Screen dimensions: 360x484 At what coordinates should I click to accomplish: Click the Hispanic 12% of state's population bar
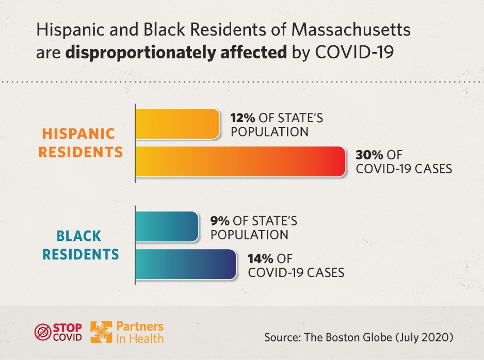click(177, 124)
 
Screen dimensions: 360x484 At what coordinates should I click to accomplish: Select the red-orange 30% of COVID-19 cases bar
click(240, 161)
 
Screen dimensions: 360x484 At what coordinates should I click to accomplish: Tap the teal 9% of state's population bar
click(167, 226)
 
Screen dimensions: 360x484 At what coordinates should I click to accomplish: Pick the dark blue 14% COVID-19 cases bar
click(186, 265)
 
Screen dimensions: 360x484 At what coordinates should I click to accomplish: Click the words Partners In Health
click(140, 332)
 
